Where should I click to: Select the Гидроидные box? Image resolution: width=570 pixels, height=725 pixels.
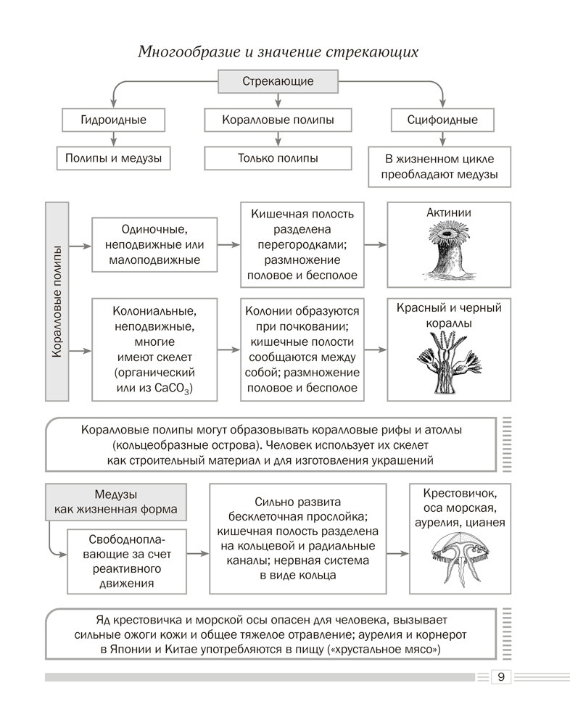(x=113, y=120)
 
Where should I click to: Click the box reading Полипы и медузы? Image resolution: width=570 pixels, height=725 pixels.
(x=113, y=157)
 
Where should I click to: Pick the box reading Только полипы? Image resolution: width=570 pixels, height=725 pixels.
(x=278, y=157)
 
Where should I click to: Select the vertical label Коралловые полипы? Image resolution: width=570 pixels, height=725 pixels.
(x=57, y=301)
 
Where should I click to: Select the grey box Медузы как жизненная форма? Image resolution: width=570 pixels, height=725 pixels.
(x=115, y=501)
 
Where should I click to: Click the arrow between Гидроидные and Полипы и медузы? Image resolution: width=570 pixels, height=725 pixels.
(x=113, y=138)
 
